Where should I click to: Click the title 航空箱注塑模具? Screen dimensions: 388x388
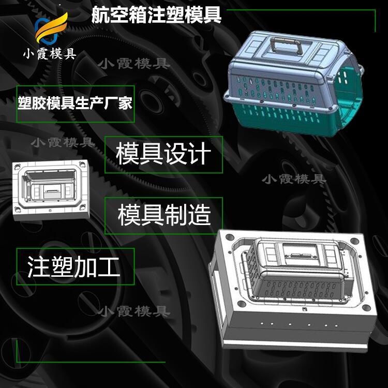(156, 15)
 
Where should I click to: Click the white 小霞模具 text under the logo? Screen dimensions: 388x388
(50, 53)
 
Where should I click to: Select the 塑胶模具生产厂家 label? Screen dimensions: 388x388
(75, 103)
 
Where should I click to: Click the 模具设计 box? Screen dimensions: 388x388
(163, 154)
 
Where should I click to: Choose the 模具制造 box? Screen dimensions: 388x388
(163, 215)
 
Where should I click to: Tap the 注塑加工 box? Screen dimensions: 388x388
(76, 266)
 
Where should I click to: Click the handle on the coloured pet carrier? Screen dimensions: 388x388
(287, 46)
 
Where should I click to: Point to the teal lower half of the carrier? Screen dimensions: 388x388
(292, 116)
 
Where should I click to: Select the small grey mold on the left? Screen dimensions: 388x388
(51, 190)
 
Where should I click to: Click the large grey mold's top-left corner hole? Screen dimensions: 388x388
(230, 237)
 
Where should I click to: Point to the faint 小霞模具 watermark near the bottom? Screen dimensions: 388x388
(135, 311)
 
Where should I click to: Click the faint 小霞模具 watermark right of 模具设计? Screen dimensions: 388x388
(294, 179)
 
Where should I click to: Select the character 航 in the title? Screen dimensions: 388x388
(100, 15)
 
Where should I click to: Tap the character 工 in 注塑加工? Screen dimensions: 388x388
(109, 266)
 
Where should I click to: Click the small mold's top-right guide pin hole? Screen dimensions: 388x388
(82, 164)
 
